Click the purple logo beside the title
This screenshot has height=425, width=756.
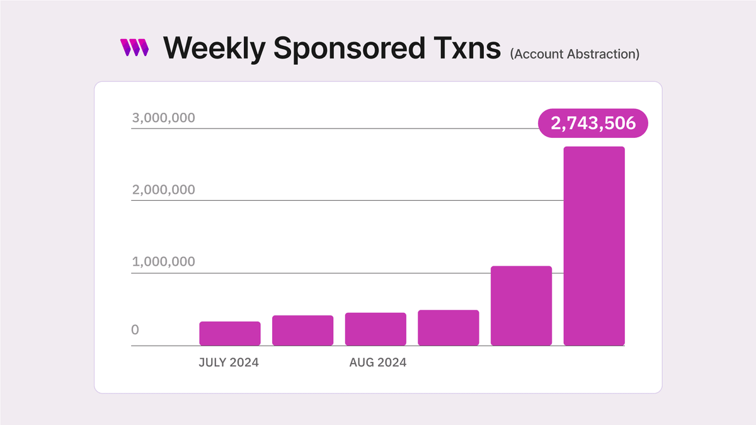134,48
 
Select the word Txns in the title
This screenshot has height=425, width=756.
467,48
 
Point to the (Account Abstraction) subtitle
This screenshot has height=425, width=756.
575,54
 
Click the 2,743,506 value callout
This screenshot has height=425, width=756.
593,124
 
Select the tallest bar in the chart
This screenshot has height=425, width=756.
594,246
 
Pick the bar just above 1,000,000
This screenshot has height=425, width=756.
521,306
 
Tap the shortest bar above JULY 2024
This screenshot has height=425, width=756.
230,334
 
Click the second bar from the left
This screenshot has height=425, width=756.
302,331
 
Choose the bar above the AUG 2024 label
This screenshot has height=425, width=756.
375,329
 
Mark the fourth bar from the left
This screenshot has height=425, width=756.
448,328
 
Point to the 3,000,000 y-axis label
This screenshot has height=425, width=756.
164,118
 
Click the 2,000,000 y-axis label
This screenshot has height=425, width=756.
164,190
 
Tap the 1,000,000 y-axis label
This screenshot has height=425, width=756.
164,261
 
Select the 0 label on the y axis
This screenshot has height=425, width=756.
135,330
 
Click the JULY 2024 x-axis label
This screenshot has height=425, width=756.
229,363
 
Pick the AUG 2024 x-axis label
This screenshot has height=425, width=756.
377,363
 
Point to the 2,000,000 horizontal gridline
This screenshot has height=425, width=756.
346,201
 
